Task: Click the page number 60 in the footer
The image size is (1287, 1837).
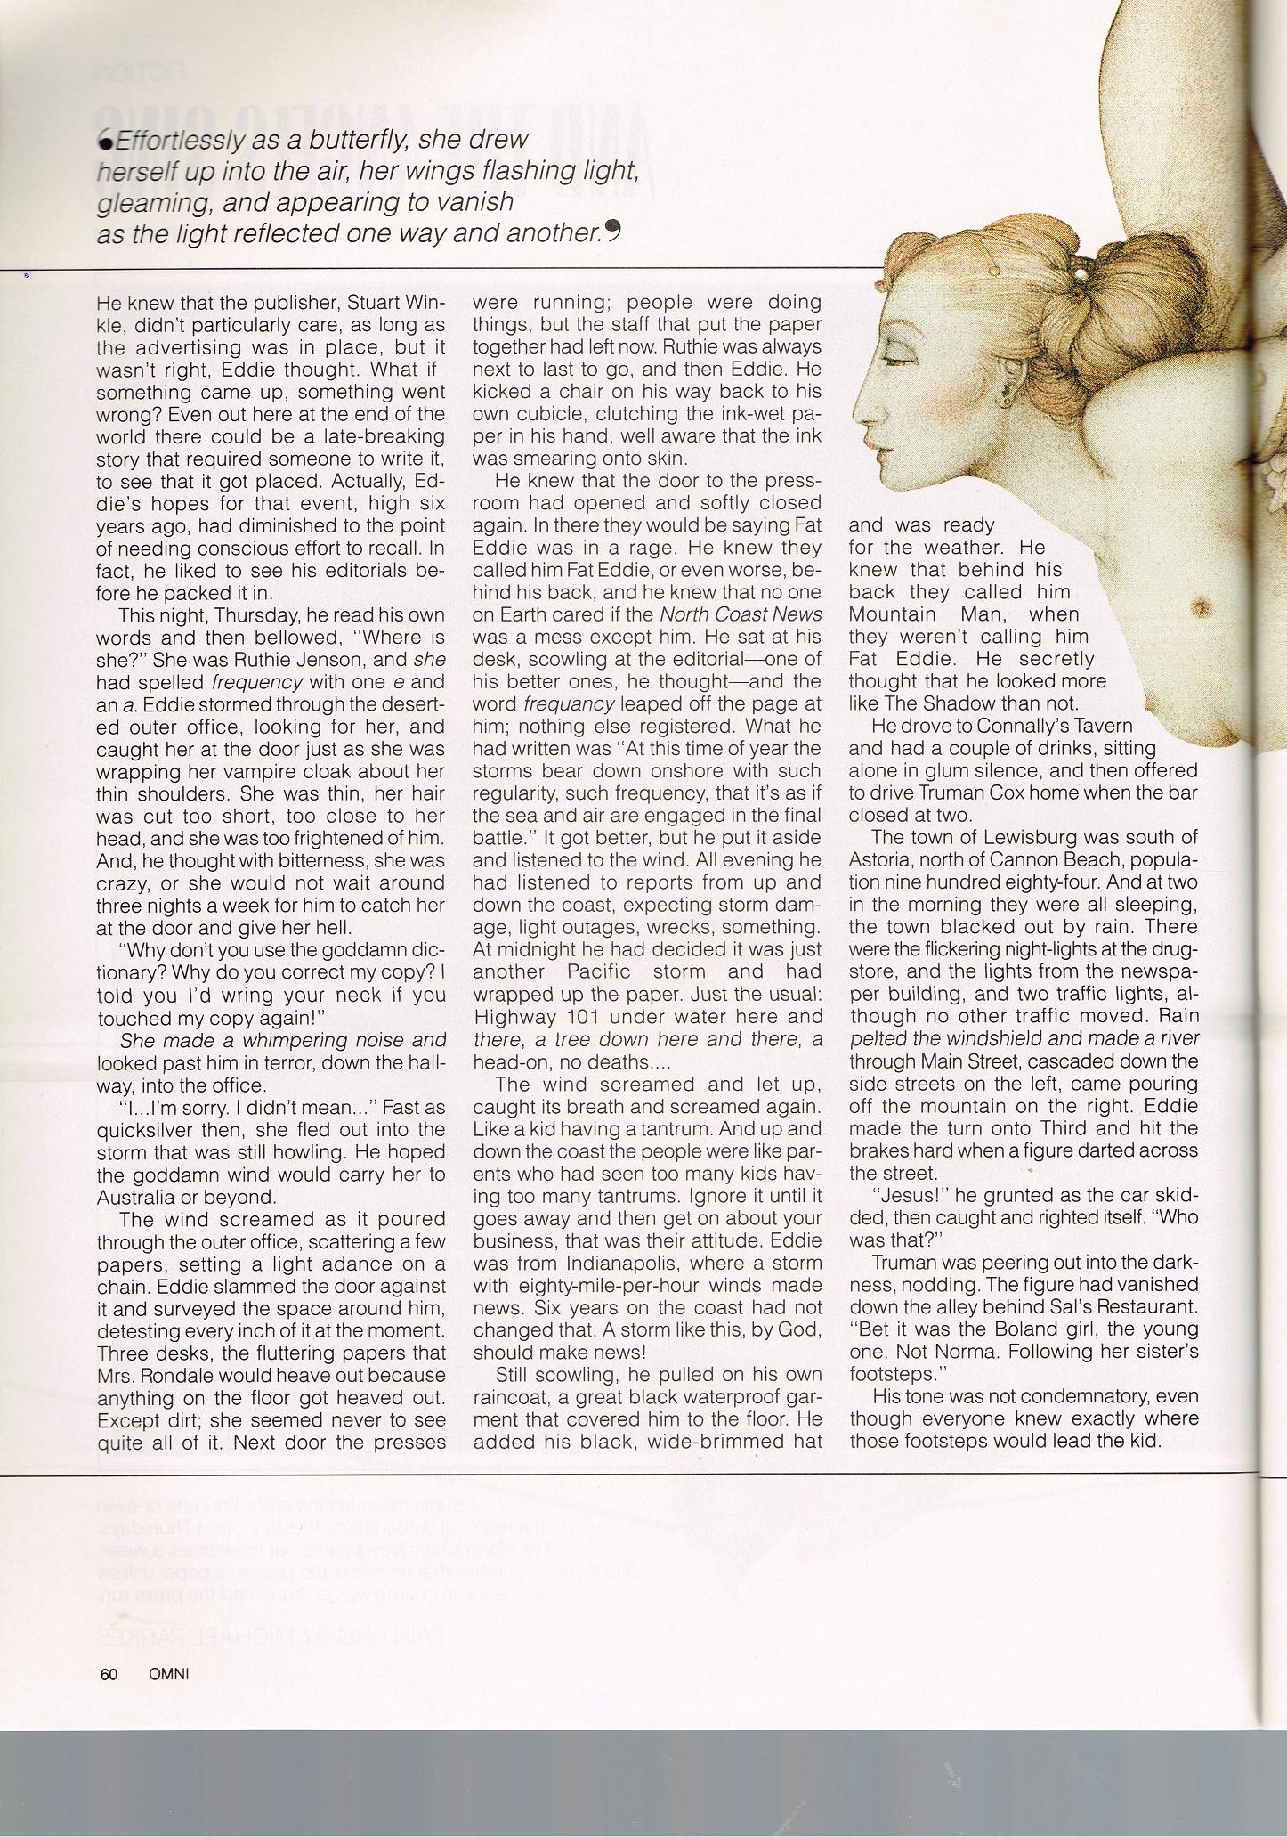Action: [109, 1674]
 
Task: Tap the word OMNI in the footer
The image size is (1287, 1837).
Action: [169, 1674]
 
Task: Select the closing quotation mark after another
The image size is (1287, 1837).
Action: [611, 230]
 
